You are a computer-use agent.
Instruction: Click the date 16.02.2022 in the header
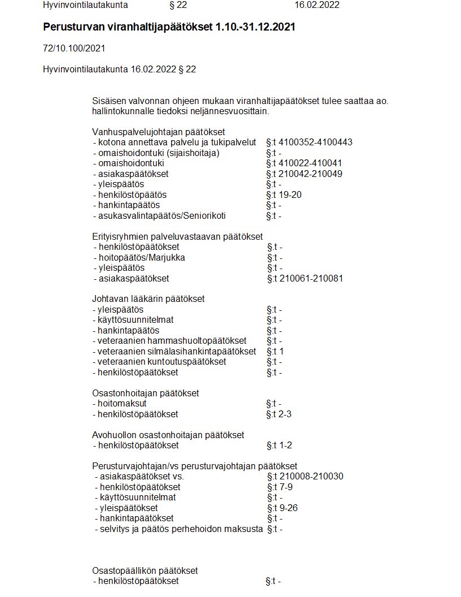317,5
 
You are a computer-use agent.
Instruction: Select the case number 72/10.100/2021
73,49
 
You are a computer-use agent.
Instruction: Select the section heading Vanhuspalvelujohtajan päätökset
159,132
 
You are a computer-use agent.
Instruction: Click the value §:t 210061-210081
305,278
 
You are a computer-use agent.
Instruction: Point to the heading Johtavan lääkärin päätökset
149,298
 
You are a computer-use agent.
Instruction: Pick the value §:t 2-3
279,414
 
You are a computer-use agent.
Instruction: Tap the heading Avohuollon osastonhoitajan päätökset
168,435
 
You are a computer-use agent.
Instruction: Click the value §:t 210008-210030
305,477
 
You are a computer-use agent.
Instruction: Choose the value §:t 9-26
282,508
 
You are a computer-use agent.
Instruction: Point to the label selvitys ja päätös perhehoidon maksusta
178,529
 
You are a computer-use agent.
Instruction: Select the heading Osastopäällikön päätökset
145,570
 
